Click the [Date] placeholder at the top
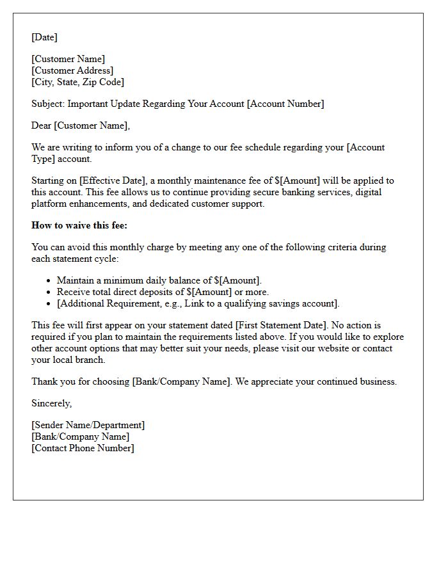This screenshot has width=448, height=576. [x=44, y=37]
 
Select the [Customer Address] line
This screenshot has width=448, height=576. [x=72, y=70]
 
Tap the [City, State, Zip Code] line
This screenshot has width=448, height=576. [x=77, y=82]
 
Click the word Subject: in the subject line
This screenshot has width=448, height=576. [x=48, y=104]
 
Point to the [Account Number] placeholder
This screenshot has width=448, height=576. [x=285, y=104]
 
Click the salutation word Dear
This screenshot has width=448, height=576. [x=42, y=125]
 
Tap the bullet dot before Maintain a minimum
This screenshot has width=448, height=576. [x=49, y=281]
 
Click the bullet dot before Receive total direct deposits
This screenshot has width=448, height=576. [x=49, y=292]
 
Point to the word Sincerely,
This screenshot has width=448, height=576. [x=52, y=403]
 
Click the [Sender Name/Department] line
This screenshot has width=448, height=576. [x=88, y=425]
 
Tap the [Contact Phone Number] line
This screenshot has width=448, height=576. [x=83, y=448]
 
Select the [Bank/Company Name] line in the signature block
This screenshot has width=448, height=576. [x=80, y=436]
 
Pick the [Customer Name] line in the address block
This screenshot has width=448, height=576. [x=68, y=59]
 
